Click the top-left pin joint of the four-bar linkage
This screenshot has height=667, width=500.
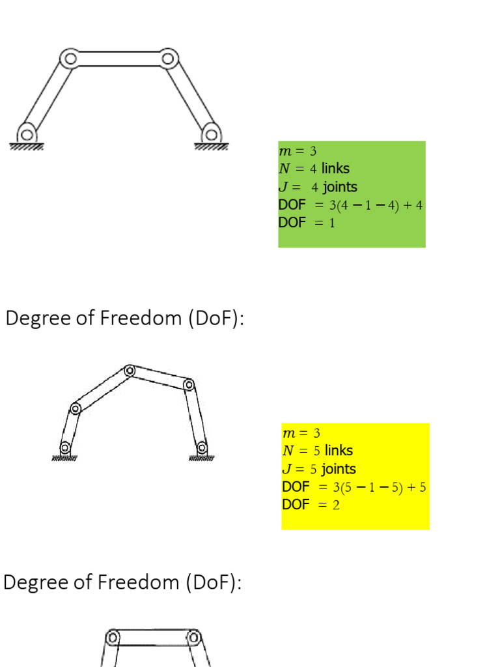68,59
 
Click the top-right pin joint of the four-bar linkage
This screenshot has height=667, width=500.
169,59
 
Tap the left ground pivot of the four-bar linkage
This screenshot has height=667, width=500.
27,135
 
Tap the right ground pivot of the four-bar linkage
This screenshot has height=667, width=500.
210,135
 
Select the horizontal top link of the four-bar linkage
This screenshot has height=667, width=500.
118,59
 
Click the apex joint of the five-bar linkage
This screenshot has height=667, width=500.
130,370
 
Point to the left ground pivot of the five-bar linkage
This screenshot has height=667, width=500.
65,447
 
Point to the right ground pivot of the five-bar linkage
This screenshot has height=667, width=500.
202,447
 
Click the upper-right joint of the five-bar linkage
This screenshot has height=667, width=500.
189,384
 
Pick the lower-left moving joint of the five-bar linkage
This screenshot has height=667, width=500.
76,408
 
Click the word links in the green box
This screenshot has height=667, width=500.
335,169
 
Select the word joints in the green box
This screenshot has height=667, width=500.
340,187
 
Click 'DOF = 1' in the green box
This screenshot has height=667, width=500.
307,222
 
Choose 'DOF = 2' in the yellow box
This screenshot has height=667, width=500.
311,505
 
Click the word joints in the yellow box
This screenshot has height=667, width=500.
339,469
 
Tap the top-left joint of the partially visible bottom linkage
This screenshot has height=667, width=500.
113,636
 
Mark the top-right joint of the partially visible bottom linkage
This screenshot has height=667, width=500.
193,636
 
